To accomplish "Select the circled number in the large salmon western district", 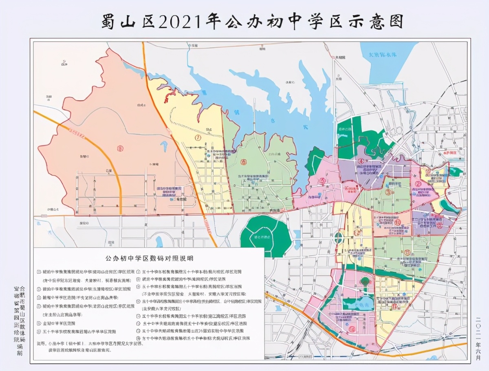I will [x=120, y=148].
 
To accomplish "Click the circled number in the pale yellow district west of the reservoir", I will [x=198, y=137].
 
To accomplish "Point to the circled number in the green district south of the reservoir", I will [x=244, y=162].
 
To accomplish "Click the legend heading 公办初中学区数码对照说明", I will [x=149, y=258].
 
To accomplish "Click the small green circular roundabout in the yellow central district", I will [x=339, y=236].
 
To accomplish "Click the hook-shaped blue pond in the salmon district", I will [x=165, y=146].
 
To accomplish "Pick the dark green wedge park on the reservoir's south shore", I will [x=315, y=160].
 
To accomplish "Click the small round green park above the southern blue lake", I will [x=365, y=281].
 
